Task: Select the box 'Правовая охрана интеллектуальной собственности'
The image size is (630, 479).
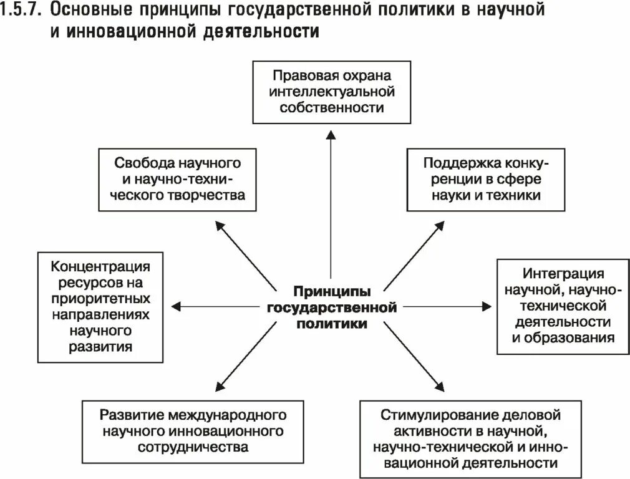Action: coord(331,92)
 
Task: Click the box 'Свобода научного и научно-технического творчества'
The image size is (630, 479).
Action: coord(178,179)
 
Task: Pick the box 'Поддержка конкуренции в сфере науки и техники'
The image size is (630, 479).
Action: coord(486,180)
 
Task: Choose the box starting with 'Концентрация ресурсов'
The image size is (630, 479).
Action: coord(100,307)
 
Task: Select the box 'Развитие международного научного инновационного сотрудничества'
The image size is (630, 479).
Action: coord(193,431)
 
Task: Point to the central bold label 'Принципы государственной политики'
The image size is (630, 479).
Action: coord(331,307)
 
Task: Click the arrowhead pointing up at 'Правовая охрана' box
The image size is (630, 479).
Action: coord(331,134)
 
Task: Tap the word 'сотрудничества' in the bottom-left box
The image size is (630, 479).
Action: coord(193,447)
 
